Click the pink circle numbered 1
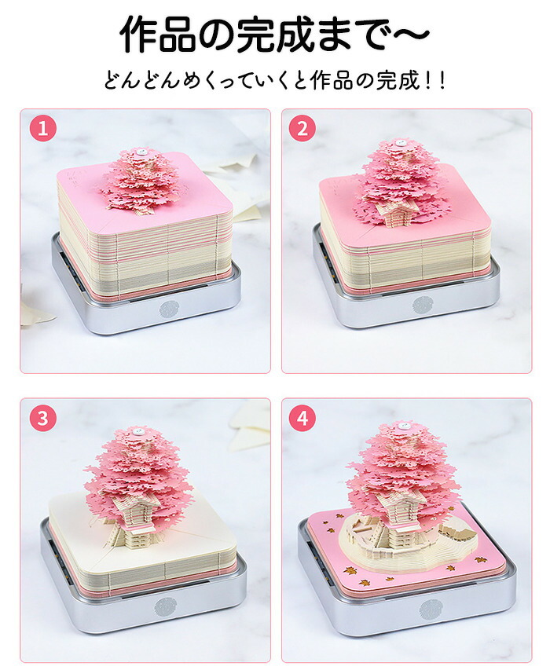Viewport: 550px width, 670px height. click(42, 128)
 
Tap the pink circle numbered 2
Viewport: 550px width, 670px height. click(302, 128)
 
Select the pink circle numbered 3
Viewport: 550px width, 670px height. click(42, 418)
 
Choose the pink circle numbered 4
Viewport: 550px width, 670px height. click(302, 418)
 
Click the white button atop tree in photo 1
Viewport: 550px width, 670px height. click(140, 152)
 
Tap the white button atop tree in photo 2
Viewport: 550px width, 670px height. click(401, 143)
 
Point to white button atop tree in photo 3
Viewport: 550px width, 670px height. click(137, 431)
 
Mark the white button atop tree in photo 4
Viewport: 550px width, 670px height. click(402, 425)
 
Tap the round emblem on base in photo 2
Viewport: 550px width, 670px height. click(423, 305)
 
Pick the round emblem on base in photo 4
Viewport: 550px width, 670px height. click(429, 608)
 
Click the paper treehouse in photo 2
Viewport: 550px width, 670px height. click(396, 211)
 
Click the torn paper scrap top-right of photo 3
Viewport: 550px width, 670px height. click(249, 425)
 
